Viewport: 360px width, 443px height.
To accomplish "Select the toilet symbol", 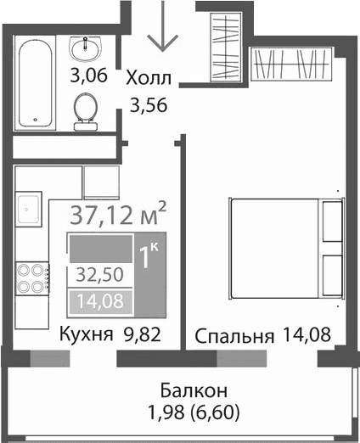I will click(85, 110).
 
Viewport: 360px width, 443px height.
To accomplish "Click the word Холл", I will click(149, 80).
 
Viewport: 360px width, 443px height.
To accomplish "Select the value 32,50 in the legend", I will click(96, 275).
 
